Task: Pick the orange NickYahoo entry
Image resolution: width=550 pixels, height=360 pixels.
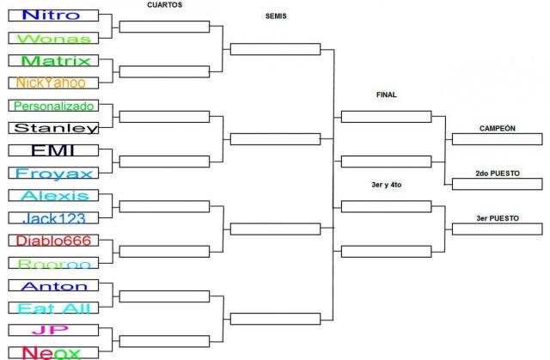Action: coord(52,82)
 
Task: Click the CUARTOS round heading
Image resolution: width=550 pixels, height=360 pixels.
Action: coord(165,5)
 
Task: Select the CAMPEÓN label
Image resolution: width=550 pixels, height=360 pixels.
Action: coord(498,128)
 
